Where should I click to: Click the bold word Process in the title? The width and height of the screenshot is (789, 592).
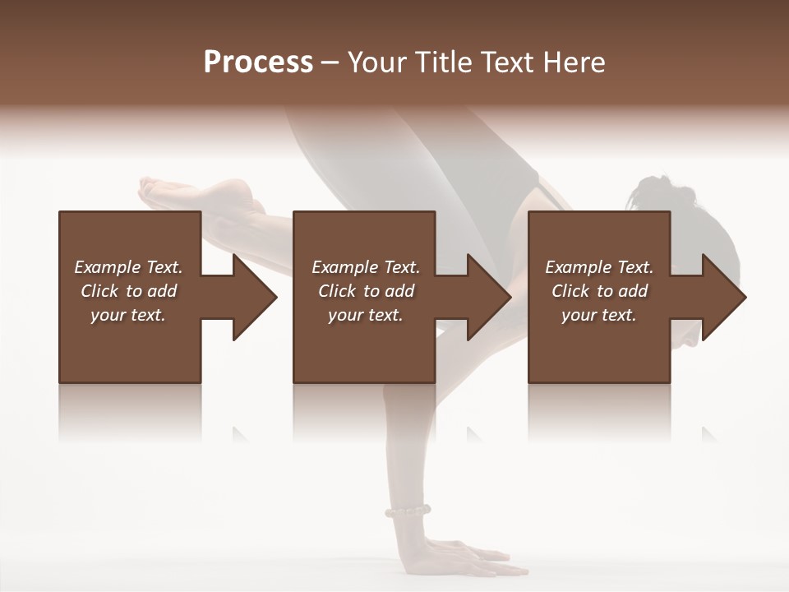click(258, 62)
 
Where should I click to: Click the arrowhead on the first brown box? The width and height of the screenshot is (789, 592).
click(251, 297)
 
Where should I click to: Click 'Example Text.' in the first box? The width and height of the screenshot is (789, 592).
click(128, 267)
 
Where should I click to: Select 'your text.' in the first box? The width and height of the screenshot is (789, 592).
click(128, 315)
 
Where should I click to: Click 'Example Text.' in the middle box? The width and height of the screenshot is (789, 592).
click(366, 267)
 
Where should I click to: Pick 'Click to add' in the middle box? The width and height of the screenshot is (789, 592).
click(366, 291)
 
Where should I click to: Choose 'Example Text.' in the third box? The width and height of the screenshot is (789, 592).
click(599, 267)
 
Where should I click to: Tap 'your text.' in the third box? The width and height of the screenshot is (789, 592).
click(599, 315)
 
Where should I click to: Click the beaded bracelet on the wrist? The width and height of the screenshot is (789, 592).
click(408, 511)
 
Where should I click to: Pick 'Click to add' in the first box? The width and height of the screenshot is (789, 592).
click(128, 291)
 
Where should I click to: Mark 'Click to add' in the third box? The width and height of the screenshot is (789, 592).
click(599, 291)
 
